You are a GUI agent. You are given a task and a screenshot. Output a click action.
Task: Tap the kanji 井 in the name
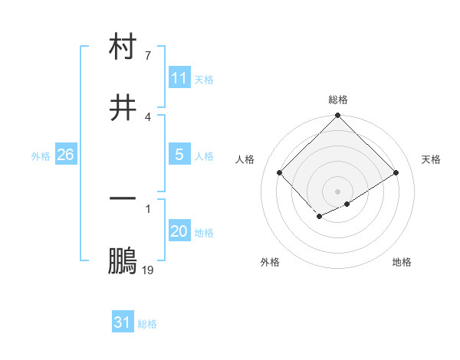tap(123, 106)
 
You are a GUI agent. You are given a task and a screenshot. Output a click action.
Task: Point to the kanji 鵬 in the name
tap(123, 261)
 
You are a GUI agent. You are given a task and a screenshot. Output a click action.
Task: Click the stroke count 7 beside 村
tap(148, 56)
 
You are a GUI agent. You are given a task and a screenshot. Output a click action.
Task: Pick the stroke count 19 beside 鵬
tap(148, 270)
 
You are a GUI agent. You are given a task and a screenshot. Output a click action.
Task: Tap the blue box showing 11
tap(179, 78)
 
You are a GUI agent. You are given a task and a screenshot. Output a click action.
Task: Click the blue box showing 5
tap(179, 155)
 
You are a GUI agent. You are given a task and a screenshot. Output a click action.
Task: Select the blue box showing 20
tap(179, 232)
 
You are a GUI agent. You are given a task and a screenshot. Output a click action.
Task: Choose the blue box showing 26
tap(65, 155)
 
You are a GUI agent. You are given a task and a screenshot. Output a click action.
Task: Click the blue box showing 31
tap(123, 323)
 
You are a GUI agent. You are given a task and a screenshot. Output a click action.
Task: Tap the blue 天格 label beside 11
tap(204, 79)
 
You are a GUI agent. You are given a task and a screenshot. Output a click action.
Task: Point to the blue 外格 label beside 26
tap(41, 156)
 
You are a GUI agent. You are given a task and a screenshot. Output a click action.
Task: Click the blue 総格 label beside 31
tap(147, 324)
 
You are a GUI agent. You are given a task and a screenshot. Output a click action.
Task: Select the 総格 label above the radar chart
tap(338, 100)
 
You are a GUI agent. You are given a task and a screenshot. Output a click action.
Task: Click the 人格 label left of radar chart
tap(245, 159)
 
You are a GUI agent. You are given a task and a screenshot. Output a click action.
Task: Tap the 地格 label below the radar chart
tap(402, 262)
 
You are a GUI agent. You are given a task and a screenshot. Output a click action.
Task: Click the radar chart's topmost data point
tap(338, 116)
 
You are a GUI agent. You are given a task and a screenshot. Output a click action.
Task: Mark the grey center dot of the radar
tap(338, 191)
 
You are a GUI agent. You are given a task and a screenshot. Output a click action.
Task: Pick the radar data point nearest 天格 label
tap(396, 172)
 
